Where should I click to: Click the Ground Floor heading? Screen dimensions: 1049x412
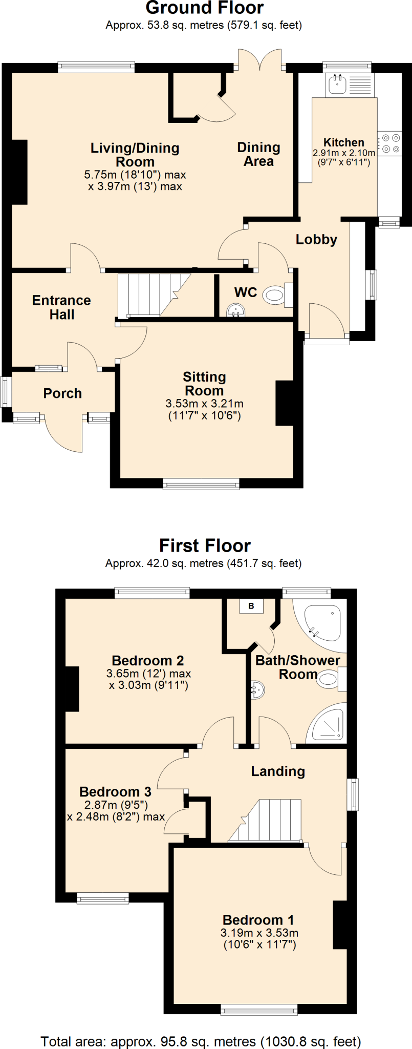click(205, 8)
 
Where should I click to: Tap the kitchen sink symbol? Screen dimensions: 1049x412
click(337, 84)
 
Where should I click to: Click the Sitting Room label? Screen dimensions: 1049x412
click(204, 384)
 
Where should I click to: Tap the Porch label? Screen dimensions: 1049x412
click(62, 393)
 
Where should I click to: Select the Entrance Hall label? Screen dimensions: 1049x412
click(61, 307)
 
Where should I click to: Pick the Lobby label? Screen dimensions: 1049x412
click(316, 240)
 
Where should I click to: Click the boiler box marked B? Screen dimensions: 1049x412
click(251, 606)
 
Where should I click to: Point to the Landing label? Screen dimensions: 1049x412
click(278, 771)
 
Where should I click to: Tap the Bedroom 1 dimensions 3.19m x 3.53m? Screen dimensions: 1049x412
click(259, 939)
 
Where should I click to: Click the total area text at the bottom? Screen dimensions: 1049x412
click(201, 1041)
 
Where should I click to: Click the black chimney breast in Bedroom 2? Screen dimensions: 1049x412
click(72, 689)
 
